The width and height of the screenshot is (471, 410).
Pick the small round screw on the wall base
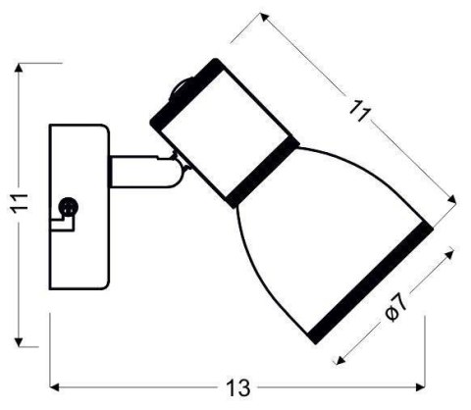point(68,207)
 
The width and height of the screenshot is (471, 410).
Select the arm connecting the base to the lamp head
point(137,172)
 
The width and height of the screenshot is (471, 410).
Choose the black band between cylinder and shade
point(261,172)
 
